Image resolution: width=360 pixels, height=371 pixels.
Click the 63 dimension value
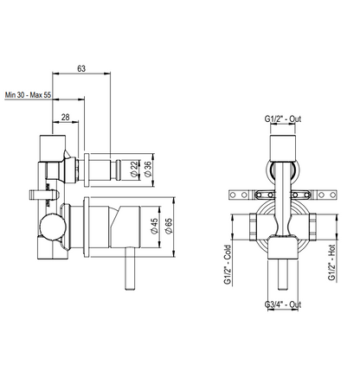pos(81,68)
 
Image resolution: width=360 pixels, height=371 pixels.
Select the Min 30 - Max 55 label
pos(28,95)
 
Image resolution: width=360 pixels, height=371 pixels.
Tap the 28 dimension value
pos(66,117)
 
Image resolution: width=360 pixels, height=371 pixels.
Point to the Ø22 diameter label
pos(134,170)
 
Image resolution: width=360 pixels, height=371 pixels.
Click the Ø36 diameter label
pos(147,170)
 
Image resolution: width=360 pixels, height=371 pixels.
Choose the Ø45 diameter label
pos(154,226)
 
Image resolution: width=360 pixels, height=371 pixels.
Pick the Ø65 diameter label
pos(168,226)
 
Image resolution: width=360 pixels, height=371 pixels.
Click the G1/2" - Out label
pos(283,118)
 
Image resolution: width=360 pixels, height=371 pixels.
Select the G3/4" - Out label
pos(283,304)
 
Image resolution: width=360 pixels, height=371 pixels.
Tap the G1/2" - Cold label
pos(228,265)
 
